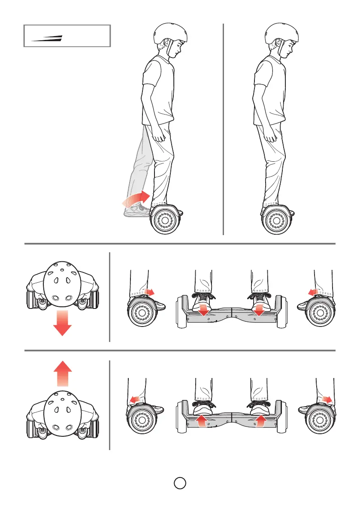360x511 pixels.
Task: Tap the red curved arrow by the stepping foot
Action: click(x=136, y=200)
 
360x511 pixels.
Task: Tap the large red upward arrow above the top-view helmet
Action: click(x=62, y=374)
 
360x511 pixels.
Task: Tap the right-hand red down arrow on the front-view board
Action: click(x=259, y=309)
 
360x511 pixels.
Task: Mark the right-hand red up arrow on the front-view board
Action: click(x=259, y=420)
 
